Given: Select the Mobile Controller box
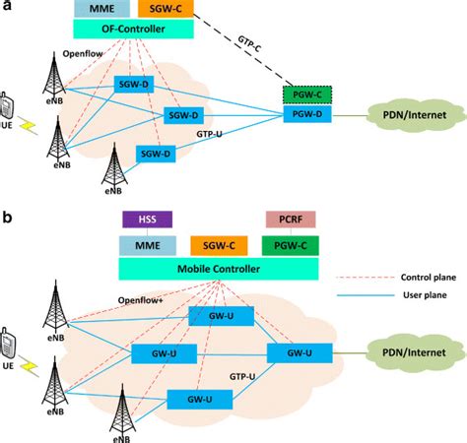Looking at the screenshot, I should tap(219, 268).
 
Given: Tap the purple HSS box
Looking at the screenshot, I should tap(146, 218).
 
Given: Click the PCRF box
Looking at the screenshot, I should tap(290, 218).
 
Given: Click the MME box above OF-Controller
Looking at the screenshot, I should tap(100, 9).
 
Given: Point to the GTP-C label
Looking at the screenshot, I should tap(257, 49).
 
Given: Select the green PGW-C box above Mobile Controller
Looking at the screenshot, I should tap(290, 243).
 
